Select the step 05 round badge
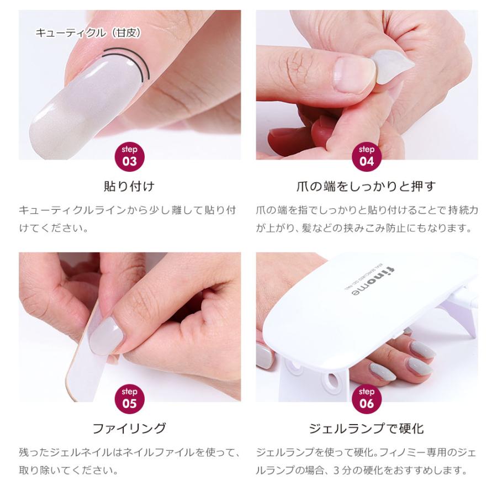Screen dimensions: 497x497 coord(130,398)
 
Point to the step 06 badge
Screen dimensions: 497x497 coord(367,398)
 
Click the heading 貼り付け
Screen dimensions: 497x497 coord(129,186)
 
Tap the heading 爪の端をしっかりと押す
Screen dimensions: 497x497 coord(367,186)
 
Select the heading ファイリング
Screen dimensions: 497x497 coord(129,428)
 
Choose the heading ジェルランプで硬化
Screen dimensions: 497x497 coord(367,428)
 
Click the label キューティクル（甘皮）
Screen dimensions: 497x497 coord(88,33)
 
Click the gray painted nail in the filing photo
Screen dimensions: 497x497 coord(107,335)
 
